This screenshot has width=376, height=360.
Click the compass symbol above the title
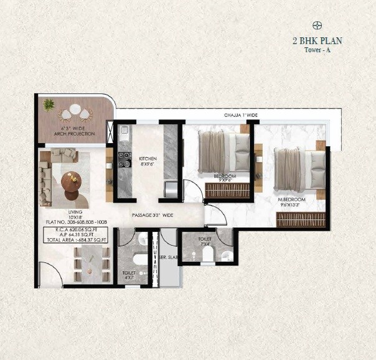click(x=317, y=25)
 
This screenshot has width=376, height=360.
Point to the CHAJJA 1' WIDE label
click(x=242, y=116)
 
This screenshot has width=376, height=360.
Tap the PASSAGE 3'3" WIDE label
click(x=153, y=215)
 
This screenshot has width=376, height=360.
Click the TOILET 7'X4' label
click(x=205, y=241)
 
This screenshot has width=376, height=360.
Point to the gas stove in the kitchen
click(x=123, y=159)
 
